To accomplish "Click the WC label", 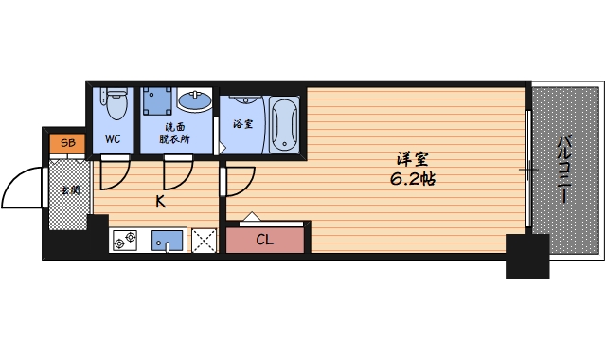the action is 113,139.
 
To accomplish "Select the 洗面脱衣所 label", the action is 174,133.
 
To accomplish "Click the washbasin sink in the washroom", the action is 194,100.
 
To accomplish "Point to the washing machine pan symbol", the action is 157,101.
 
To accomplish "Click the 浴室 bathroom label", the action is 243,124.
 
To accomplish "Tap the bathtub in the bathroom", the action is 284,124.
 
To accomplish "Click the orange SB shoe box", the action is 67,143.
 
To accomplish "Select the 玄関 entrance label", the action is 70,190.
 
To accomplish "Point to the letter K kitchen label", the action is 161,202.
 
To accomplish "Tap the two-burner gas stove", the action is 125,240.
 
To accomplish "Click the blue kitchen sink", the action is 167,241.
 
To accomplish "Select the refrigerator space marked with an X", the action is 205,241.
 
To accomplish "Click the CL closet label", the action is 265,240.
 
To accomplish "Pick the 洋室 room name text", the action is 413,159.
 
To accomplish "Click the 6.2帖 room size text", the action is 413,179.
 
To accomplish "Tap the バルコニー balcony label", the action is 564,169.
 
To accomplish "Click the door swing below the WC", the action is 115,175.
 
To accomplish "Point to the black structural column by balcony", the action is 527,257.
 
